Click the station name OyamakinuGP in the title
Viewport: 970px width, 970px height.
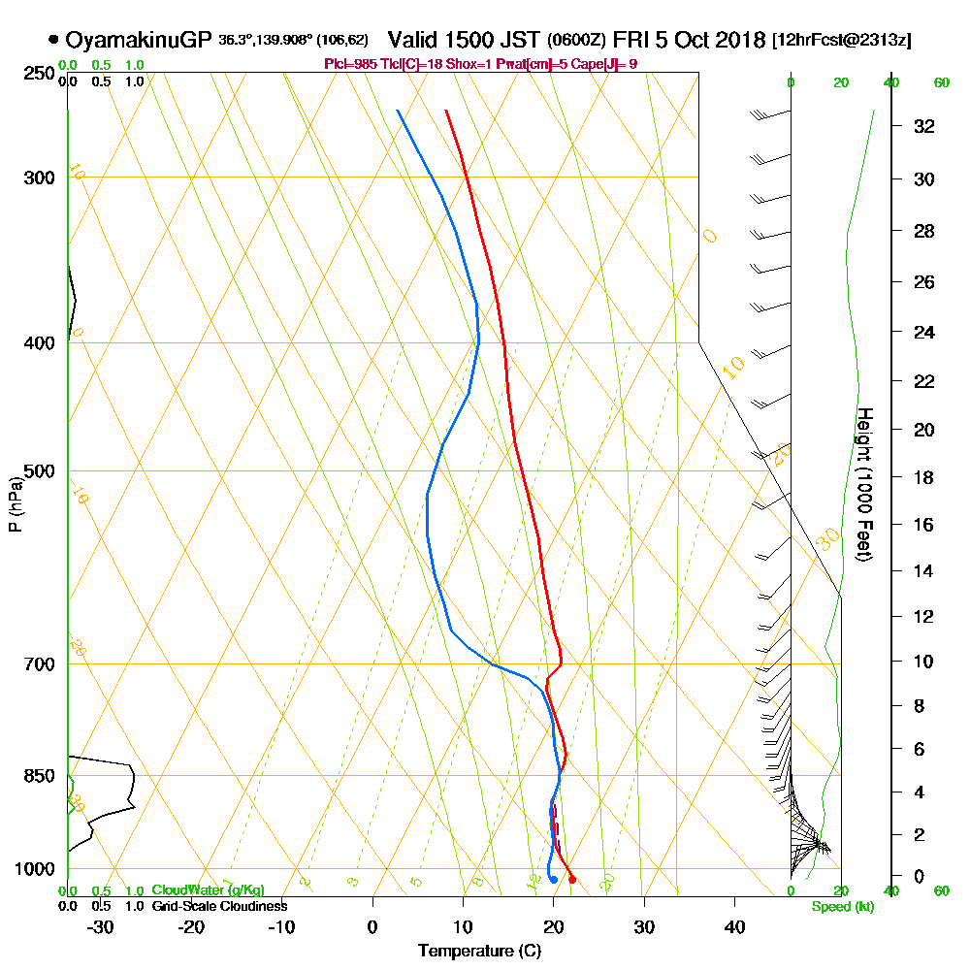click(138, 40)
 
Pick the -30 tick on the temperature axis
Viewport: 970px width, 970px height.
click(101, 927)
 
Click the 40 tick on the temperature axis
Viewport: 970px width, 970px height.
click(734, 927)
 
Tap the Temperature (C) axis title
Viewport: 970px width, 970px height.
click(479, 952)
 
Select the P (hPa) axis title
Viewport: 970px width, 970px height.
click(15, 503)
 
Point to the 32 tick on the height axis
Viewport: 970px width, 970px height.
click(924, 126)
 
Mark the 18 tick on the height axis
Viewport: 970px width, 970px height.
click(924, 477)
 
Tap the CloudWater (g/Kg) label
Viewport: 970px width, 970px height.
click(208, 890)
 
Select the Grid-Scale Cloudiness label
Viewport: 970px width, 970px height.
click(218, 906)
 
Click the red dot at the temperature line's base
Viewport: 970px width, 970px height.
click(572, 880)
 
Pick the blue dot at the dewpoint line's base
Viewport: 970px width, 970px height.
click(553, 880)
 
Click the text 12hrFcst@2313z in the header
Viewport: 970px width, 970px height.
click(841, 41)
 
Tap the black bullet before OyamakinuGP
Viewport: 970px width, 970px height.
click(52, 41)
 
